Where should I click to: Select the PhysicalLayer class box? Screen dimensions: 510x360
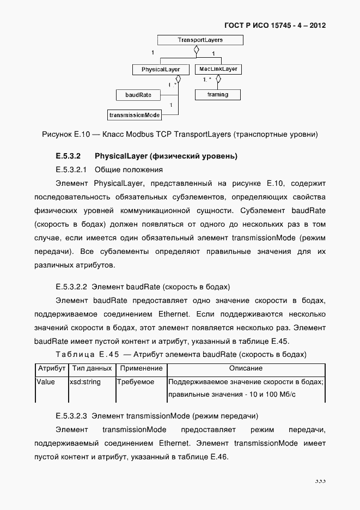coord(161,70)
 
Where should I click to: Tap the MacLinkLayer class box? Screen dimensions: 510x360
coord(218,70)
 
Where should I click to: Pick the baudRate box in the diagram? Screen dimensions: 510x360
coord(138,95)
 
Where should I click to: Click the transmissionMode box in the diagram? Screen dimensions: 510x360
coord(135,115)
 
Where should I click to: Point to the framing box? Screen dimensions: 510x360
coord(217,95)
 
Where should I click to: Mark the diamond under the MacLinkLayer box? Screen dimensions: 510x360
coord(218,79)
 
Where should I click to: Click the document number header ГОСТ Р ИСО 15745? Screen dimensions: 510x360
coord(275,26)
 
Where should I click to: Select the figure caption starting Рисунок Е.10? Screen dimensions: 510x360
coord(179,134)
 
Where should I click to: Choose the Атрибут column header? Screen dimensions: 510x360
coord(52,368)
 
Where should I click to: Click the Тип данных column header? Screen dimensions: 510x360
coord(91,368)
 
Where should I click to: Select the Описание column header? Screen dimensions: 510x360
coord(246,368)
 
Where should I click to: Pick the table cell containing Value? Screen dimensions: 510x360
coord(46,382)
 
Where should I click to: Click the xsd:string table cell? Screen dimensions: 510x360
coord(86,382)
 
